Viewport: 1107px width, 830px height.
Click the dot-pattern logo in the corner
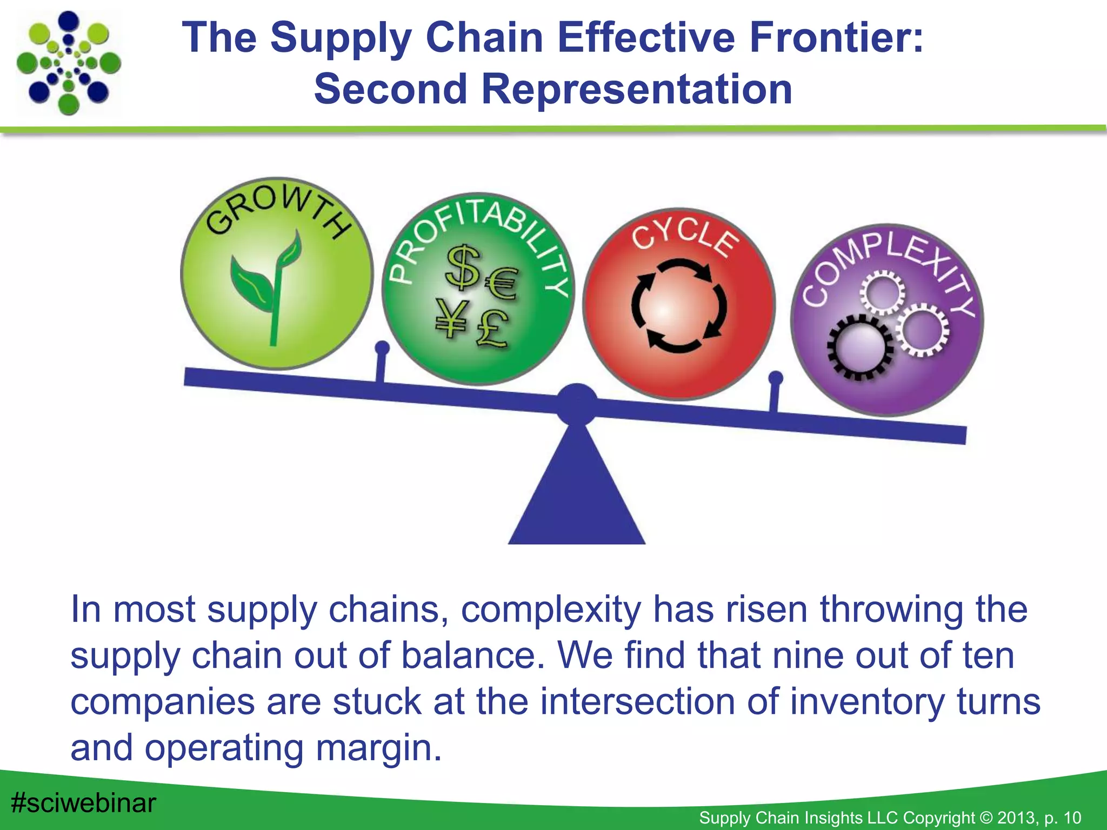coord(69,63)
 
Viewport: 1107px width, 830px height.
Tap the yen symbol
coord(451,319)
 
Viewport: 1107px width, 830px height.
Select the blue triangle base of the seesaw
coord(577,497)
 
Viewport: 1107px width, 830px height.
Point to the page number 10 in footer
coord(1072,818)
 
